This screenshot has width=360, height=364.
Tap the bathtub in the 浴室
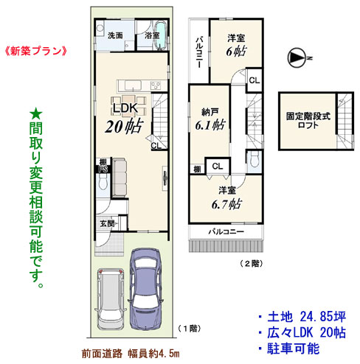[x=161, y=36]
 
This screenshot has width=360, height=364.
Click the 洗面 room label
[x=115, y=35]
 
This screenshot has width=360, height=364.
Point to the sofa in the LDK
[x=120, y=178]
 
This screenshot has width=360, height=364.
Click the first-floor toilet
[x=103, y=182]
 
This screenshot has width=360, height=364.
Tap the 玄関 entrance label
[x=107, y=223]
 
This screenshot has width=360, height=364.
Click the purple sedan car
[x=145, y=289]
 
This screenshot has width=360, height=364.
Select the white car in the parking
[x=110, y=299]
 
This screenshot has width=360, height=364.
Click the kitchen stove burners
[x=156, y=85]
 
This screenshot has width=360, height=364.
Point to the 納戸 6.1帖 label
[x=210, y=119]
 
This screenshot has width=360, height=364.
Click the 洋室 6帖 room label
[x=236, y=45]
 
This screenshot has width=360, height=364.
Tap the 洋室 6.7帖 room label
[x=226, y=197]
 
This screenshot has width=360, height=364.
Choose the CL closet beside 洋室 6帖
[x=255, y=80]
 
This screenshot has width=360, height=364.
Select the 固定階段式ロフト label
[x=308, y=120]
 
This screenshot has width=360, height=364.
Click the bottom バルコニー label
[x=226, y=231]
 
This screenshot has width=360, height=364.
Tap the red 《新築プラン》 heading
[x=35, y=51]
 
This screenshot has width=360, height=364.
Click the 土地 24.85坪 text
[x=307, y=317]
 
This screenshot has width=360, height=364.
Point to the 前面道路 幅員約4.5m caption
[x=131, y=354]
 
